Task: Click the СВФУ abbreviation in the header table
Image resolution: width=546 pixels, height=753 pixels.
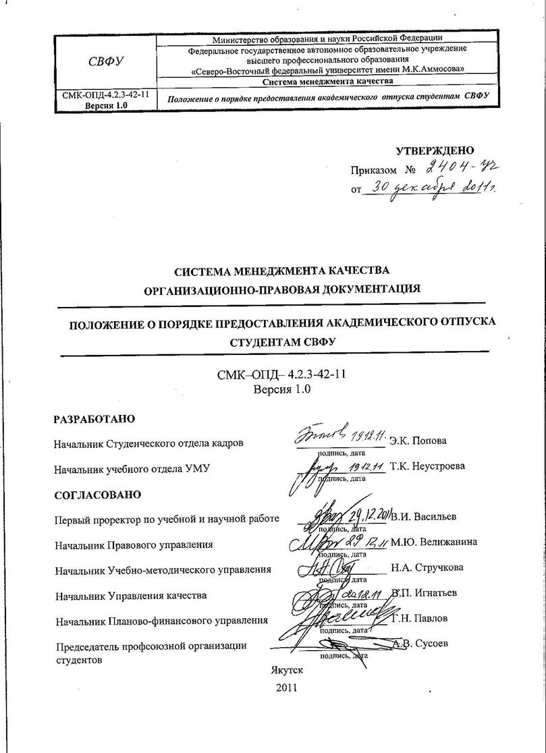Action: pyautogui.click(x=106, y=62)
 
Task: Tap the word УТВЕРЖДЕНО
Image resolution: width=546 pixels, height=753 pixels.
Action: pyautogui.click(x=435, y=150)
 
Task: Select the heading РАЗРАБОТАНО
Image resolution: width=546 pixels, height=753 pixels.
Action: pyautogui.click(x=94, y=419)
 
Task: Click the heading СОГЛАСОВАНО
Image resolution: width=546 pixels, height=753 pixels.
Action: pyautogui.click(x=97, y=495)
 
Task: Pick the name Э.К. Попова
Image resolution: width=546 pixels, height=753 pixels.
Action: pyautogui.click(x=418, y=441)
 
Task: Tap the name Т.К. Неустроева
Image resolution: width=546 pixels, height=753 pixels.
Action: pyautogui.click(x=428, y=466)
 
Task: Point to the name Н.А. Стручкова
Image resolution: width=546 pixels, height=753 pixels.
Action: pyautogui.click(x=427, y=567)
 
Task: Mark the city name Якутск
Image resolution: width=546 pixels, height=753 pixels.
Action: pyautogui.click(x=286, y=670)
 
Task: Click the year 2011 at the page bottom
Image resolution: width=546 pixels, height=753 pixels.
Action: pyautogui.click(x=286, y=688)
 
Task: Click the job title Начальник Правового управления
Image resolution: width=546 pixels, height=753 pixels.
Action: pyautogui.click(x=134, y=544)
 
